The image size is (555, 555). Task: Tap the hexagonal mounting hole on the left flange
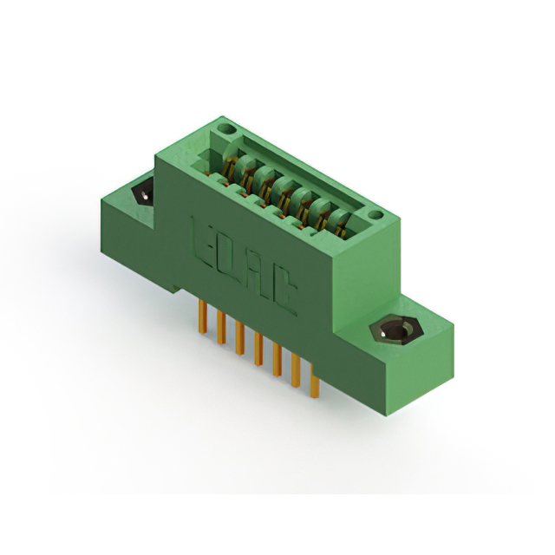click(140, 193)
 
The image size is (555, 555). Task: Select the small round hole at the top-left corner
click(227, 130)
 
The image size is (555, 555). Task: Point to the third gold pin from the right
click(277, 361)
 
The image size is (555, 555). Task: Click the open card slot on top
click(286, 182)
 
